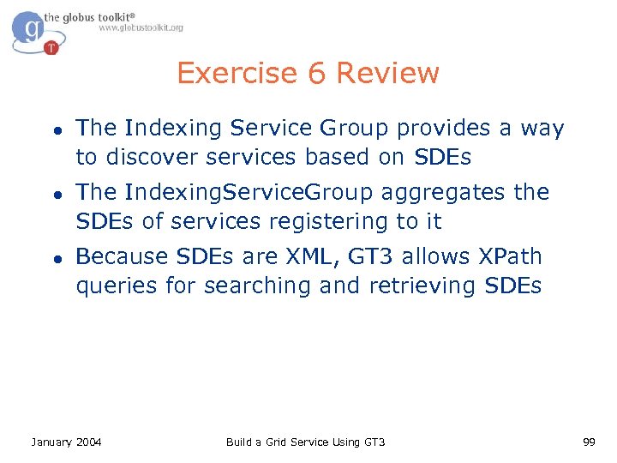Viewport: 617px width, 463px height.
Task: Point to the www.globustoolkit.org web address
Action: (x=141, y=27)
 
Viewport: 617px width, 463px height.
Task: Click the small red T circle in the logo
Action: (x=51, y=47)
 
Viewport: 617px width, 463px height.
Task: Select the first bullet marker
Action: (x=54, y=129)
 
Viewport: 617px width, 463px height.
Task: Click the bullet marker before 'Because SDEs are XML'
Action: (x=54, y=258)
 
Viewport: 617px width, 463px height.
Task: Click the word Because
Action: (x=123, y=256)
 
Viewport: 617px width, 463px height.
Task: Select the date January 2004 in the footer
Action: (x=66, y=442)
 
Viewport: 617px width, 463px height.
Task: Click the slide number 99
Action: (x=589, y=442)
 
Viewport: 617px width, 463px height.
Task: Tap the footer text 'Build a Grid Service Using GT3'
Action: (x=305, y=442)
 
